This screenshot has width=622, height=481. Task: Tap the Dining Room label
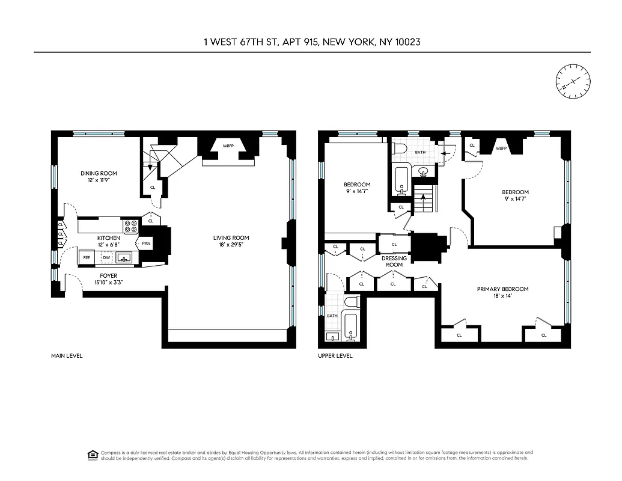tap(99, 174)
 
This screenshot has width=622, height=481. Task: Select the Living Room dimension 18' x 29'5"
tap(231, 245)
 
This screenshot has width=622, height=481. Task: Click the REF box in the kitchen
tap(87, 257)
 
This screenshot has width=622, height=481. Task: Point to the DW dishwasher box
tap(106, 257)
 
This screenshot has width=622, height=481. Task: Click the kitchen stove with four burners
tap(130, 226)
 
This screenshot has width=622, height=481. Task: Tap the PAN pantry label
tap(147, 244)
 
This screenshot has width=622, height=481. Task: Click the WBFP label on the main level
tap(228, 146)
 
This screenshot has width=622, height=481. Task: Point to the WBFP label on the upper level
tap(501, 148)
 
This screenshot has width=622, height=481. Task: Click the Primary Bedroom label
tap(502, 289)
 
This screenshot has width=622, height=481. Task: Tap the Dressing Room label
tap(394, 262)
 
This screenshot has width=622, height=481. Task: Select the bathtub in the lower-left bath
tap(351, 328)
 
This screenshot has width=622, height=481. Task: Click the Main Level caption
tap(67, 356)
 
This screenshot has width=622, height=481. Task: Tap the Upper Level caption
tap(335, 356)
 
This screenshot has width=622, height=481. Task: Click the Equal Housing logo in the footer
tap(92, 453)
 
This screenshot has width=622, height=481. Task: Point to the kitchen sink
tap(124, 258)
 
